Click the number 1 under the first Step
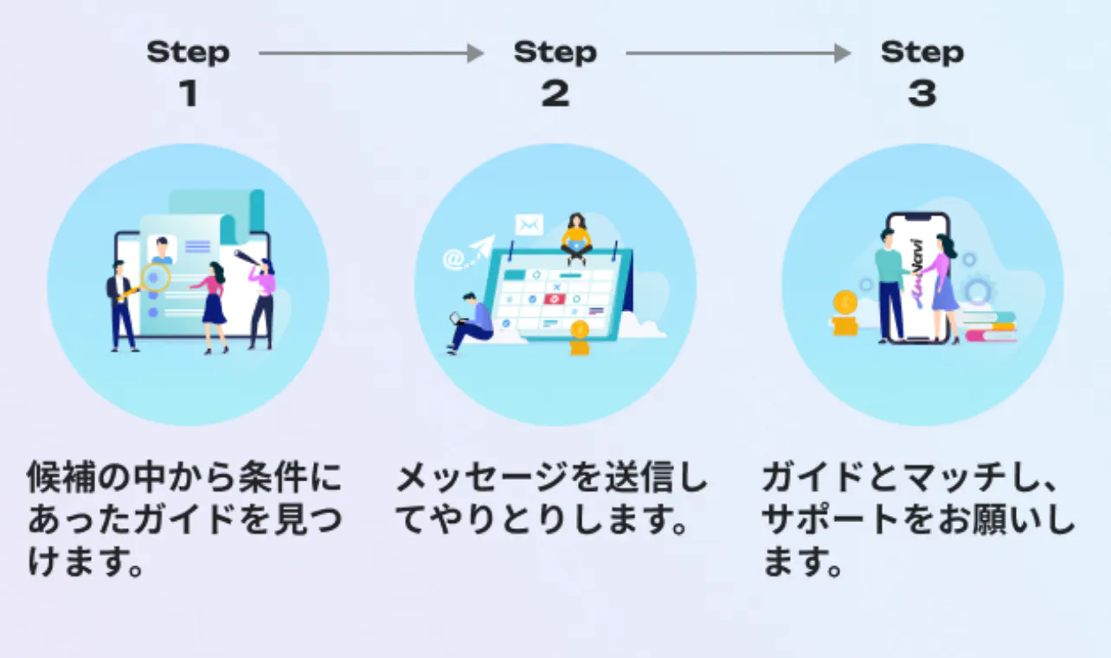tap(188, 94)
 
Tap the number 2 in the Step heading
tap(555, 94)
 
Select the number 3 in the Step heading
tap(922, 94)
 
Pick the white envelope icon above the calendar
tap(528, 225)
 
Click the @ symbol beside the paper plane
tap(453, 258)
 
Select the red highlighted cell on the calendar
tap(555, 299)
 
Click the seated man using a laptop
tap(471, 322)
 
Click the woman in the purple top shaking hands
tap(942, 286)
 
